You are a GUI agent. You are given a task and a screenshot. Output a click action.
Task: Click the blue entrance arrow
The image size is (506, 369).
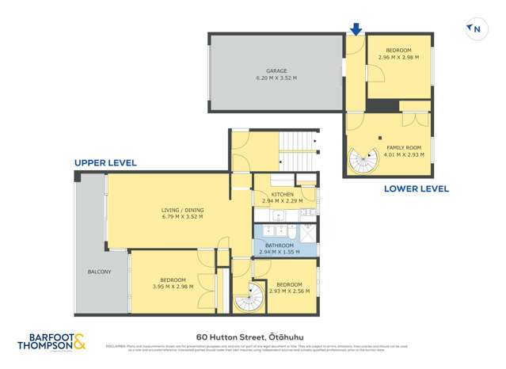(x=356, y=29)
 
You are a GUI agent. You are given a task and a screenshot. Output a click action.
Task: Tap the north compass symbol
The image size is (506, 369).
(x=475, y=30)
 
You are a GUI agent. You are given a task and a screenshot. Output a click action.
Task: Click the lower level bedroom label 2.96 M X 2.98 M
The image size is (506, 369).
(x=398, y=57)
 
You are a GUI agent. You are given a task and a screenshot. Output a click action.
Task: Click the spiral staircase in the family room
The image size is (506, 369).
(x=364, y=162)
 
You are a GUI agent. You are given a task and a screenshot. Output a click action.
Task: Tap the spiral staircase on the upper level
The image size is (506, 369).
(x=249, y=298)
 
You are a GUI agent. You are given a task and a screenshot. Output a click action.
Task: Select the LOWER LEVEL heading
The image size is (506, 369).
(x=416, y=188)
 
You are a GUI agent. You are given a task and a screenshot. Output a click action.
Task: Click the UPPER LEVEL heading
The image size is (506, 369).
(x=105, y=162)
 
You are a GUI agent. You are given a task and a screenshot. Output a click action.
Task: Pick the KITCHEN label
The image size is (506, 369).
(x=283, y=194)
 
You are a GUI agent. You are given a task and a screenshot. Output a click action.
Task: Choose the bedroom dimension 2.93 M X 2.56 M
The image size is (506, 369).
(x=289, y=291)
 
